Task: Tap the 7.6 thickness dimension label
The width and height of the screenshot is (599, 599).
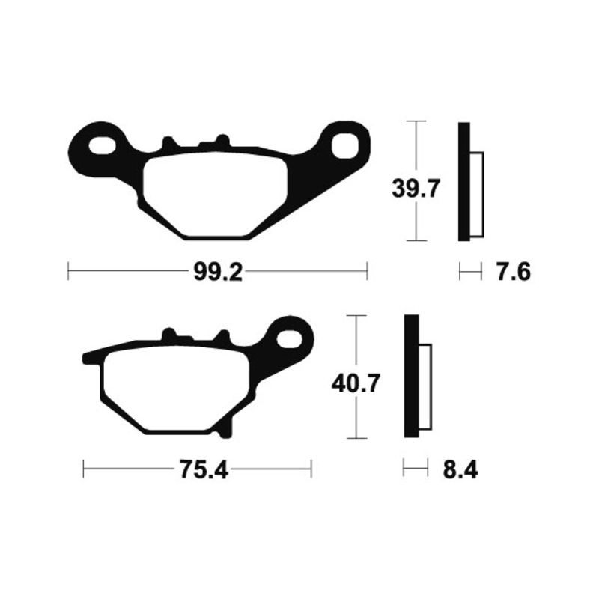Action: [514, 272]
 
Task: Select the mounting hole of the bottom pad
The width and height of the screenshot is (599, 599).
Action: [290, 337]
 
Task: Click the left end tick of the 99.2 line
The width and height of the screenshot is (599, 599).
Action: [68, 271]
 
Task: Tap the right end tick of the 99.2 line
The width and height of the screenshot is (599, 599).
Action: [368, 271]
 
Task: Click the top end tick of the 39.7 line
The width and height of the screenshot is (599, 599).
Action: [415, 121]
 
